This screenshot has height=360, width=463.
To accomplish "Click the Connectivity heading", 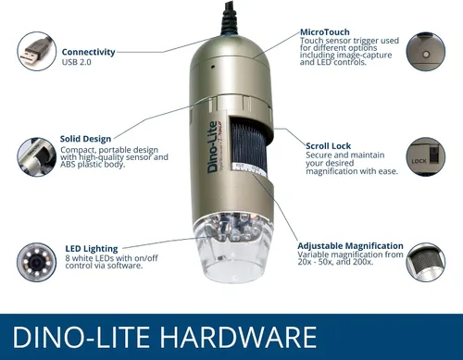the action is click(x=88, y=52).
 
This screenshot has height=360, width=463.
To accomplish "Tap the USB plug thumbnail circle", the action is click(x=37, y=51).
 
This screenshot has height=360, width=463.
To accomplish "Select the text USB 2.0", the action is click(x=77, y=62).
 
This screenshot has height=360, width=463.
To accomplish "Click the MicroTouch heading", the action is click(x=325, y=32).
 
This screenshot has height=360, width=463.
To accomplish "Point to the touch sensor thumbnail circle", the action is click(x=426, y=51).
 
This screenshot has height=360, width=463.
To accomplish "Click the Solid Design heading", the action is click(x=85, y=139).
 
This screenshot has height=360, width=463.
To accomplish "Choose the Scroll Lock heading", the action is click(x=328, y=146).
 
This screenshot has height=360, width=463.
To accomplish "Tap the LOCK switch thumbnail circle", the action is click(x=426, y=156).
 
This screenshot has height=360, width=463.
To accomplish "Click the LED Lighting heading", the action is click(x=92, y=249).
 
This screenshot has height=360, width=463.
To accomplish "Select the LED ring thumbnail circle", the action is click(x=37, y=262).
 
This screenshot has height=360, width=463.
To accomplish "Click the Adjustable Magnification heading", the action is click(x=350, y=246).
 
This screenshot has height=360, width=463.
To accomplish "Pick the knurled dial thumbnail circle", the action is click(x=426, y=262).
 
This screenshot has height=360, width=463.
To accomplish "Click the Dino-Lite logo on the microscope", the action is click(x=212, y=147).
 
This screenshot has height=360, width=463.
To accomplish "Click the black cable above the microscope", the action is click(x=229, y=17).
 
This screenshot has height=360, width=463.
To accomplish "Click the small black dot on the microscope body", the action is click(x=212, y=67).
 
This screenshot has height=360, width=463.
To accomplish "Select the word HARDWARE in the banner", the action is click(x=238, y=337).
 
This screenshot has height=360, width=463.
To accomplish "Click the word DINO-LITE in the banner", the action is click(x=81, y=337).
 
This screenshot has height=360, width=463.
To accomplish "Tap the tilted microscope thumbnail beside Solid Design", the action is click(x=37, y=156).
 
